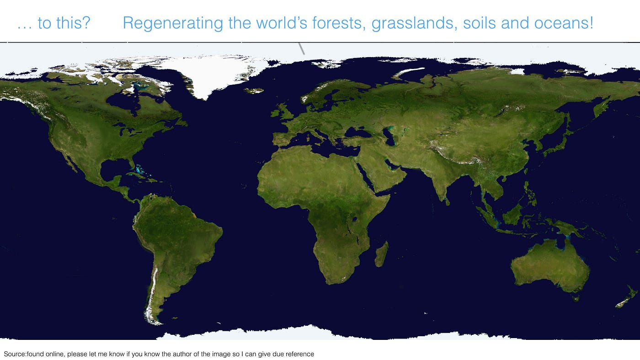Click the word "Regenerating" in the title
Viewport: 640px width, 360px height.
[173, 23]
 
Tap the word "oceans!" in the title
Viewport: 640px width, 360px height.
[564, 23]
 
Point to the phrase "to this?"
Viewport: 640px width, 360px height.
[64, 23]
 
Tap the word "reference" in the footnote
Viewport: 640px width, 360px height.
[300, 354]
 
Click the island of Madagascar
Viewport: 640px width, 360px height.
[382, 254]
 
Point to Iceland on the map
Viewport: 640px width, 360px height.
[253, 90]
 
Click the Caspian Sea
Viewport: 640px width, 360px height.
[389, 136]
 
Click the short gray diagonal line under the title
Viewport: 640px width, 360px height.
[301, 48]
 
